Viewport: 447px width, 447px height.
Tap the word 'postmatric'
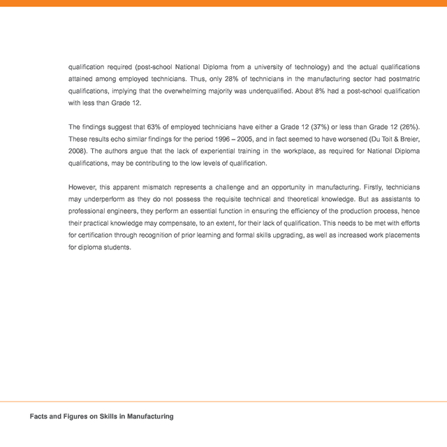click(403, 79)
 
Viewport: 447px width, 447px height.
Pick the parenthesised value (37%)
click(314, 127)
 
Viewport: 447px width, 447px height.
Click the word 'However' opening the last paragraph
click(82, 187)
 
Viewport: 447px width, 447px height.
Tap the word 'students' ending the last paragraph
click(117, 247)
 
